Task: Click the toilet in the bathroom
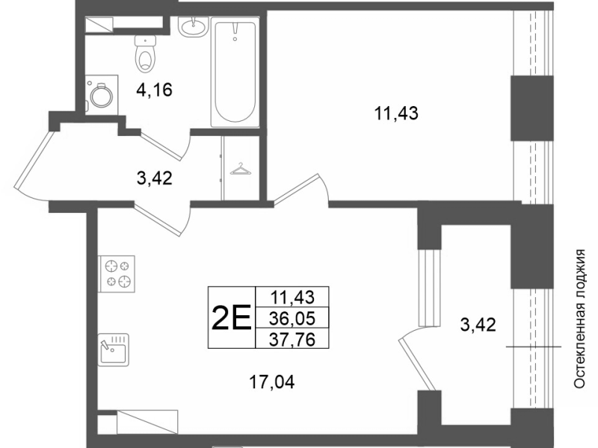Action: click(x=146, y=54)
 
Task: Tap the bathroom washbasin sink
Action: click(x=194, y=27)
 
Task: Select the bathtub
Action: click(x=235, y=72)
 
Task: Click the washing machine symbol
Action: click(x=102, y=95)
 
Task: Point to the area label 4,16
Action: click(x=155, y=90)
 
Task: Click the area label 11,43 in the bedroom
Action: click(x=396, y=113)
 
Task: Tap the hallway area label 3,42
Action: click(x=155, y=178)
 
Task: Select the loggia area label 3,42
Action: click(x=478, y=325)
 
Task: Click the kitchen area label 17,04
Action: click(x=271, y=382)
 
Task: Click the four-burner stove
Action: click(x=117, y=273)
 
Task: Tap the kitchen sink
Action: click(x=114, y=349)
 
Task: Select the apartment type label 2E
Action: click(x=231, y=317)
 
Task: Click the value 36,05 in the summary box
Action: click(x=292, y=318)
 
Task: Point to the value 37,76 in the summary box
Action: click(x=292, y=339)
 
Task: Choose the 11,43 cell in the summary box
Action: click(x=292, y=296)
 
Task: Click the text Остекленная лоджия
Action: click(x=580, y=319)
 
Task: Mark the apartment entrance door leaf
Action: click(x=32, y=159)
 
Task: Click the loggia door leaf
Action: click(x=417, y=364)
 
